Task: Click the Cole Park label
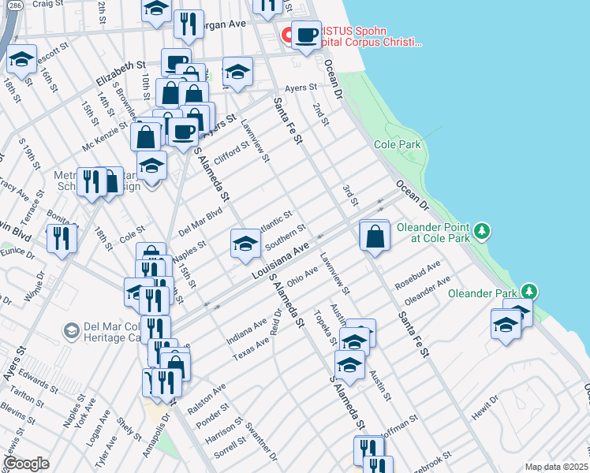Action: coord(398,145)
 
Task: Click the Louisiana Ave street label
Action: coord(279,261)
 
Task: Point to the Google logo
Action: coord(26,463)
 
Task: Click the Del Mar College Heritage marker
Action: coord(71,330)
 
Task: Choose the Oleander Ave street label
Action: coord(428,292)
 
